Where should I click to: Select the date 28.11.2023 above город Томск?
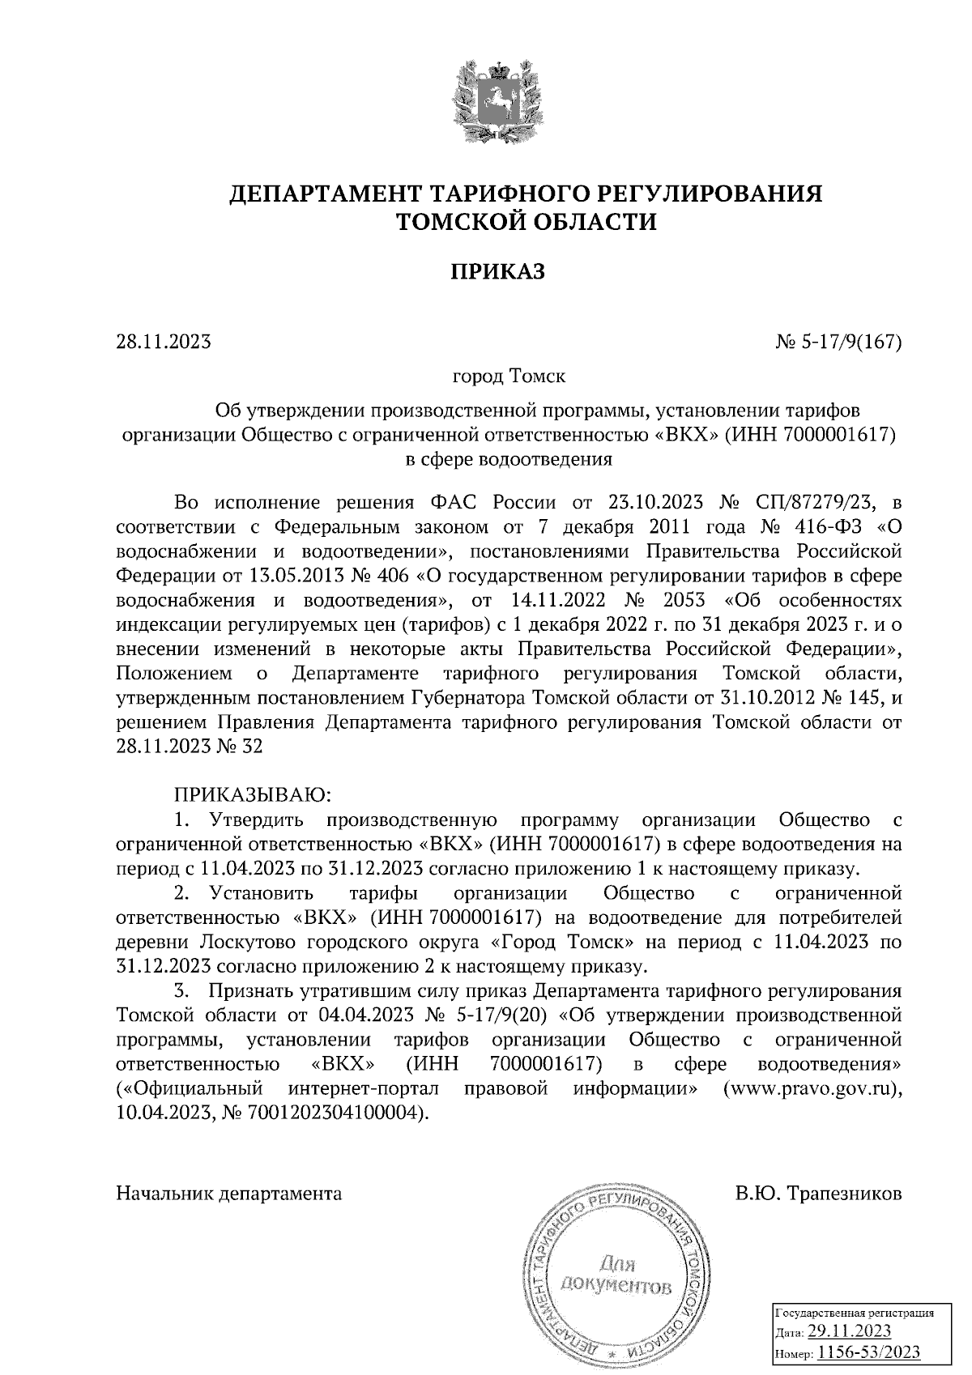tap(164, 343)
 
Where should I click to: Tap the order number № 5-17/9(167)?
tap(838, 343)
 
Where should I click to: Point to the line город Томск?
tap(509, 377)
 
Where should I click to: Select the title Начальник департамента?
tap(229, 1194)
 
